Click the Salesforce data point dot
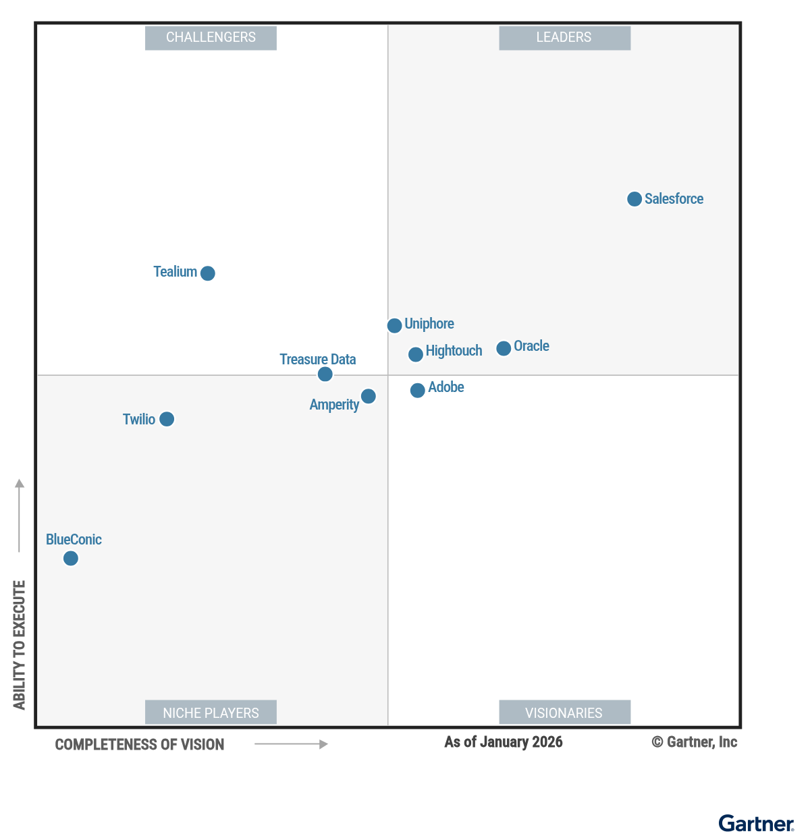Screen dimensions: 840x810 coord(634,199)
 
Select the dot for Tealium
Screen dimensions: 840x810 coord(208,273)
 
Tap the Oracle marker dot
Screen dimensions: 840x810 coord(504,349)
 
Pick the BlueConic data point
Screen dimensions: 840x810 coord(71,559)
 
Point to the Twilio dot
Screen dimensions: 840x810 coord(167,420)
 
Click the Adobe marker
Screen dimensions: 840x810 coord(418,390)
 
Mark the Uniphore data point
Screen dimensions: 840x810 coord(395,326)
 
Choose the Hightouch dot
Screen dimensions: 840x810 coord(416,354)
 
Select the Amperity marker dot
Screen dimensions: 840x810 coord(369,396)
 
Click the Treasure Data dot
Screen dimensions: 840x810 coord(325,374)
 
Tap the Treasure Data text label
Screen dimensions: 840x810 coord(318,360)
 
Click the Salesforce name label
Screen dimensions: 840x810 coord(674,199)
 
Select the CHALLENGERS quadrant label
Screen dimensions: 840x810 coord(211,38)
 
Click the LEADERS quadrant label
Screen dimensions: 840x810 coord(564,38)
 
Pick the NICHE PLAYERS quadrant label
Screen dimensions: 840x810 coord(211,713)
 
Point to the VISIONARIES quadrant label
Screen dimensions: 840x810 coord(564,713)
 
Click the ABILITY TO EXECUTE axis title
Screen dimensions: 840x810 coord(20,645)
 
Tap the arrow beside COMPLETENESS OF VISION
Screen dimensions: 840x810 coord(291,744)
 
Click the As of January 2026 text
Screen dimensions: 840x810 coord(504,742)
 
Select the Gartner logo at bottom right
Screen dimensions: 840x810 coord(756,824)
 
